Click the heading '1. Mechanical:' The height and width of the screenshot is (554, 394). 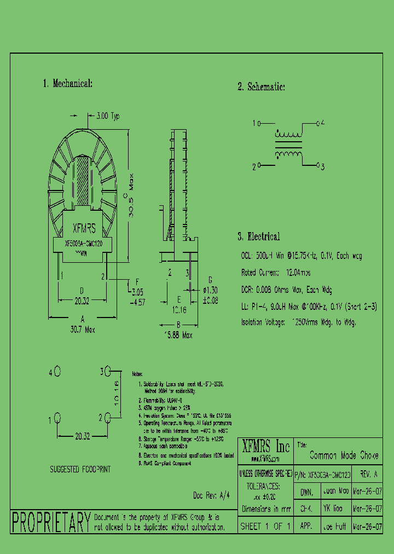(67, 84)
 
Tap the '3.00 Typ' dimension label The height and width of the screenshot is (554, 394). (108, 116)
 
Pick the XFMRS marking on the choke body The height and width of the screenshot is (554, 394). (84, 228)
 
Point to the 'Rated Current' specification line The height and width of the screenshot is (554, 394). (277, 272)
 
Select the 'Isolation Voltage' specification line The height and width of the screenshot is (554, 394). (298, 322)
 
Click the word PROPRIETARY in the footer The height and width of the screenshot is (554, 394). (51, 522)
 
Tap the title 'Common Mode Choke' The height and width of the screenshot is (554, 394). (344, 455)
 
